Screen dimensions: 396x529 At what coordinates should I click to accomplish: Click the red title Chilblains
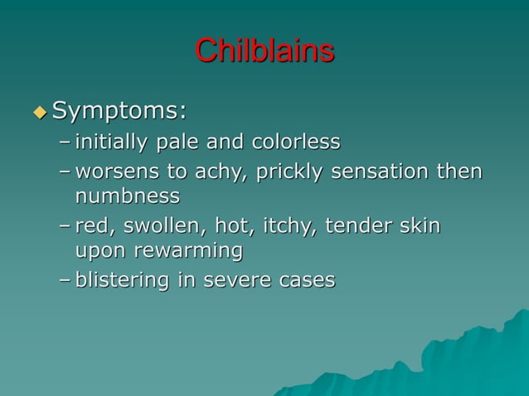pos(264,51)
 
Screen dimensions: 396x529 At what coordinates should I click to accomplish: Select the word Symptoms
pos(119,110)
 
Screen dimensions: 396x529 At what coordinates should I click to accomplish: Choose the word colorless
pos(290,142)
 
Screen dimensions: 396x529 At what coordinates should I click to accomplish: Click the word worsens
pos(114,172)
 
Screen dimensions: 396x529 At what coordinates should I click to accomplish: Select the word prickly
pos(284,172)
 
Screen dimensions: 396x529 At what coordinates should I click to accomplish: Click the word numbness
pos(127,197)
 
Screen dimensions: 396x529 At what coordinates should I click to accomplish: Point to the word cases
pos(307,281)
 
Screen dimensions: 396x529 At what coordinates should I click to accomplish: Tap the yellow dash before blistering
pos(65,281)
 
